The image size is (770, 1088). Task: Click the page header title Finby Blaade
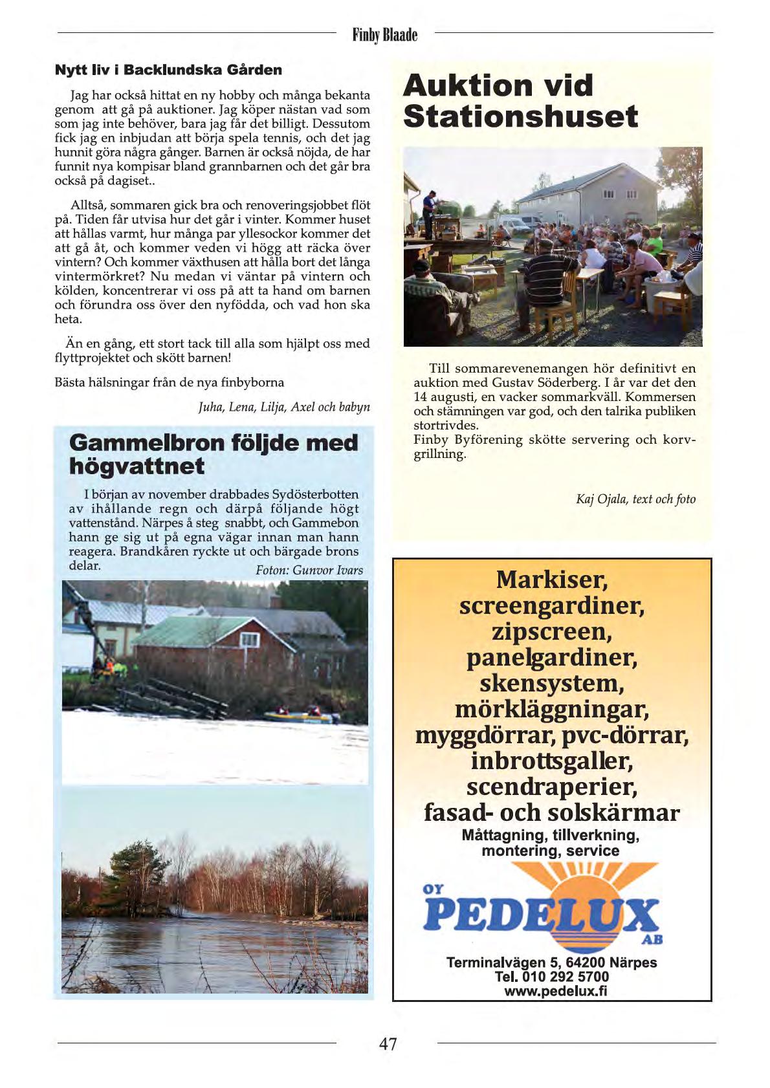[385, 34]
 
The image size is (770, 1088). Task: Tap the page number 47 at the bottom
[388, 1043]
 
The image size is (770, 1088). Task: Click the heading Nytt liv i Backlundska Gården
[168, 70]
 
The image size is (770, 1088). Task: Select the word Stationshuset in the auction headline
[520, 116]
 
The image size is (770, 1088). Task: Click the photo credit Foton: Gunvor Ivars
[309, 570]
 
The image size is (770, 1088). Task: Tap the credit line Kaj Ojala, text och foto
[635, 499]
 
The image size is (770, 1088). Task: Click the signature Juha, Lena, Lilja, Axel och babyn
[284, 407]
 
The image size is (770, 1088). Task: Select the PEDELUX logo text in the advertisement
[541, 914]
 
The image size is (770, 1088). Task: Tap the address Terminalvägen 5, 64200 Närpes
[551, 962]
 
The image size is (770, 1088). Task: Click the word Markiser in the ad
[551, 580]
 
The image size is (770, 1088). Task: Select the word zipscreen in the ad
[551, 631]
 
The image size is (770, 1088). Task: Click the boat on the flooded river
[301, 715]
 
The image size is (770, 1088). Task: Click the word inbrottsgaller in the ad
[551, 761]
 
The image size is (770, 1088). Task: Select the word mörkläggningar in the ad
[551, 710]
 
